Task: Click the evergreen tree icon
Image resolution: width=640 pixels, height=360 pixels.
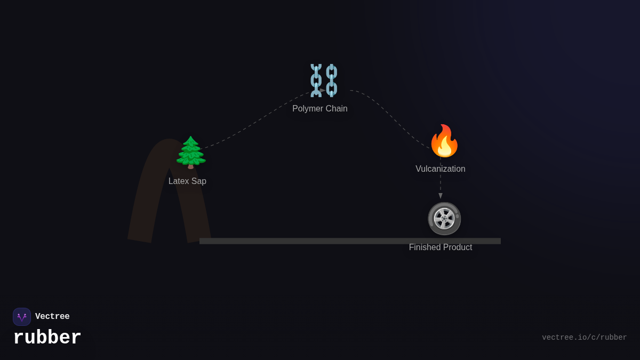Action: point(190,152)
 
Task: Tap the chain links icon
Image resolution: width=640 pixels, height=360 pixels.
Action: point(324,80)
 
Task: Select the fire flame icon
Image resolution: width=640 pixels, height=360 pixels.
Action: point(444,141)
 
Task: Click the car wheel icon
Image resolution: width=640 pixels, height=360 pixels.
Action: point(444,218)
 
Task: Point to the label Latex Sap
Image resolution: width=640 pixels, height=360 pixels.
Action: point(187,181)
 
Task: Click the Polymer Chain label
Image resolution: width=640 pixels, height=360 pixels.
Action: point(320,109)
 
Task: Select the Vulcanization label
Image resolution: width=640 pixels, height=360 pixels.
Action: point(441,169)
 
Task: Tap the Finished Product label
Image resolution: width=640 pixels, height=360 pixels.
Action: point(441,247)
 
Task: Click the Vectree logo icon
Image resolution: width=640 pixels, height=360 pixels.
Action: point(22,317)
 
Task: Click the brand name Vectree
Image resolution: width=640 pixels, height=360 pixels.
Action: point(52,317)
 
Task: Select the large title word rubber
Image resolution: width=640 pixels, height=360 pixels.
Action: point(47,338)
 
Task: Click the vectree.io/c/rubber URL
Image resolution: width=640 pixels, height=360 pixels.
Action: point(584,338)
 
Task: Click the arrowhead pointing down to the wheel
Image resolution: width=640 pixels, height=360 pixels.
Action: point(441,196)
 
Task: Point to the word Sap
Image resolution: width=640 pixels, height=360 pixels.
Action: point(198,181)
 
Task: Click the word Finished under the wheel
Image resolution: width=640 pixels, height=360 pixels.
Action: point(424,247)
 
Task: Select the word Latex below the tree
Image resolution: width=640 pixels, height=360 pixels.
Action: point(179,181)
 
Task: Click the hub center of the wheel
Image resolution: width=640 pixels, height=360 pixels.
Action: point(444,218)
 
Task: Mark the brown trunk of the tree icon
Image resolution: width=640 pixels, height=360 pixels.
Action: point(190,166)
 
